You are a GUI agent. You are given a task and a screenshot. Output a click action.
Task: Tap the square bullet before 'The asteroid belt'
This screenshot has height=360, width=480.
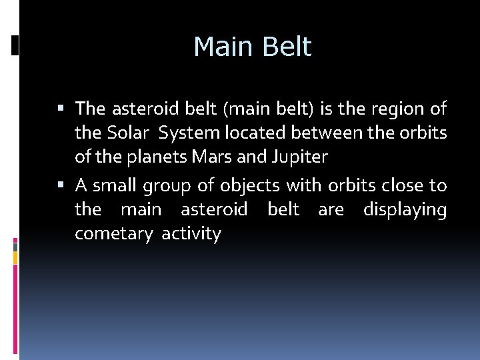tap(61, 108)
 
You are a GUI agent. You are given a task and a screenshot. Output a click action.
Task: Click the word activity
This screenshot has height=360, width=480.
tap(191, 235)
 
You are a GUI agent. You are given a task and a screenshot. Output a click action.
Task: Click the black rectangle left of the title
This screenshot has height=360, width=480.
tap(15, 45)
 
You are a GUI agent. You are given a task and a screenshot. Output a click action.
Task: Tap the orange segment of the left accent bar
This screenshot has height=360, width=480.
tap(15, 255)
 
